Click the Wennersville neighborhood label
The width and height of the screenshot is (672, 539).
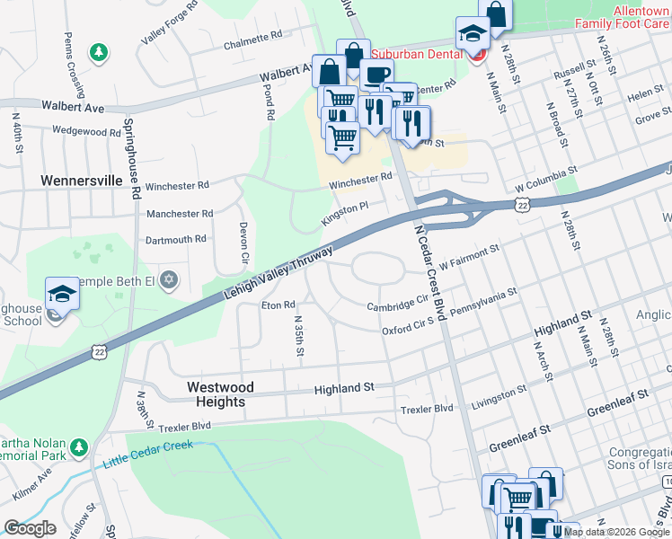[81, 181]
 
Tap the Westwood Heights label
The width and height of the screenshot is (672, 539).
[220, 394]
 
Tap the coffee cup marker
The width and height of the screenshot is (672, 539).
[377, 75]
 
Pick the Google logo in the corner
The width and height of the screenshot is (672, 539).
[30, 528]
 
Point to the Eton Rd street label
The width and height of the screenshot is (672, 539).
[279, 305]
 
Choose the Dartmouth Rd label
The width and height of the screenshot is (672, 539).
[176, 239]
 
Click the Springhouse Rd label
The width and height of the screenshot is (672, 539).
[132, 158]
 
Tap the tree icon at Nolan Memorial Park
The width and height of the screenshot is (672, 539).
[79, 446]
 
